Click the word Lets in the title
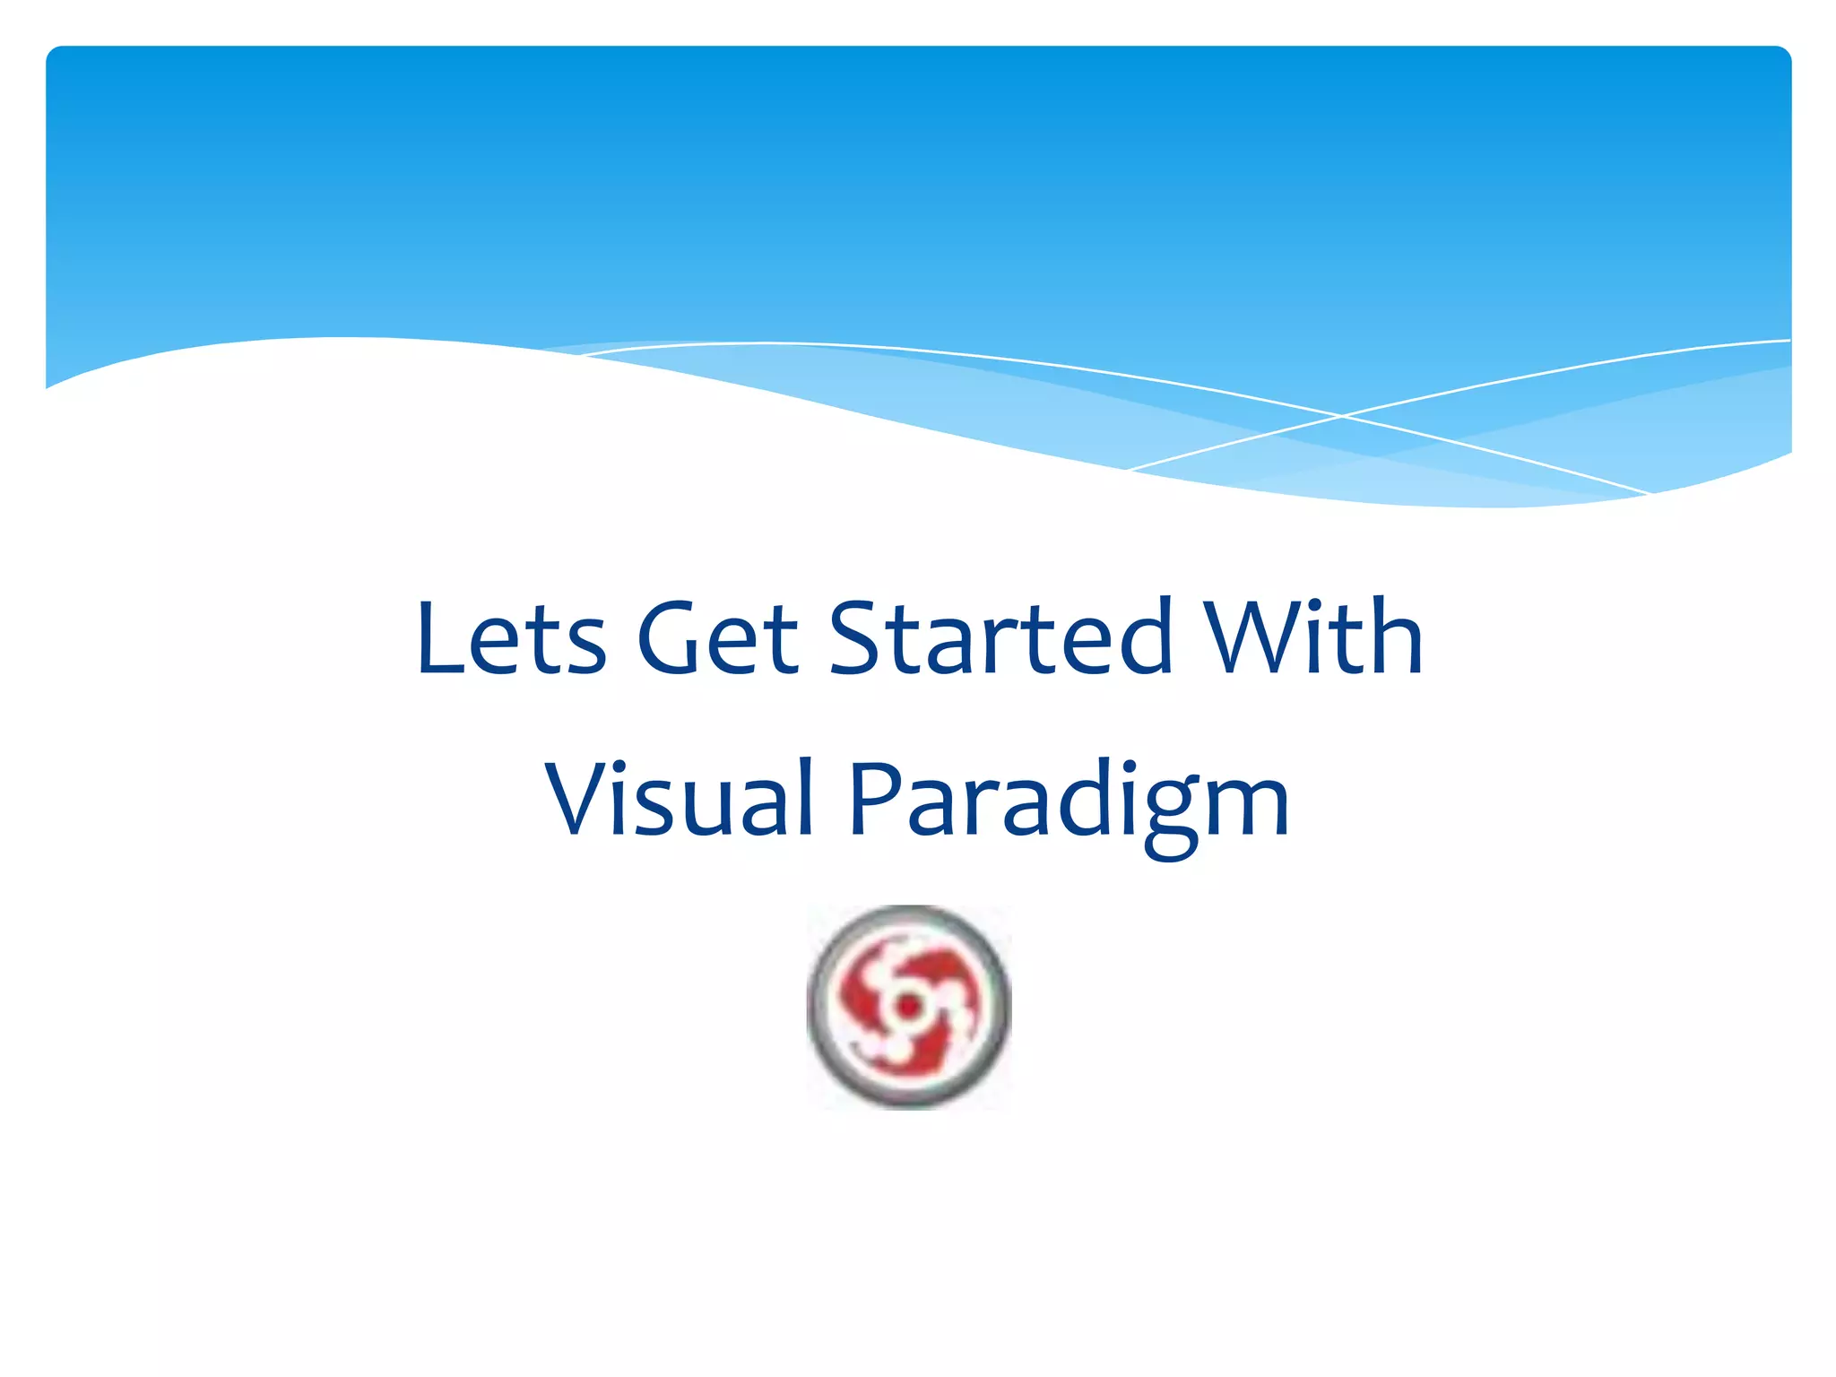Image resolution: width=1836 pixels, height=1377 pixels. coord(512,638)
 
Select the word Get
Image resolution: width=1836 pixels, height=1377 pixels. coord(717,638)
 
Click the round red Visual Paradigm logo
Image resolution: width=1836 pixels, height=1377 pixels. coord(908,1006)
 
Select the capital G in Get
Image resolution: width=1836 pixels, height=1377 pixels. coord(671,638)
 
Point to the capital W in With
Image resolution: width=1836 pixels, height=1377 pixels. coord(1256,638)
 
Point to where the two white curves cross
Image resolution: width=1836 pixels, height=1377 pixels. coord(1341,416)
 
